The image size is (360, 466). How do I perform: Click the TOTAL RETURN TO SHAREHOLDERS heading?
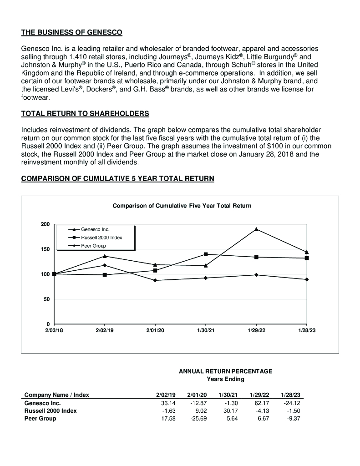click(85, 113)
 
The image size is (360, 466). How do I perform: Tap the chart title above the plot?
click(182, 206)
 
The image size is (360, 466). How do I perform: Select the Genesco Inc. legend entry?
click(95, 229)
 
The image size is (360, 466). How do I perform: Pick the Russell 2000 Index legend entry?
click(101, 238)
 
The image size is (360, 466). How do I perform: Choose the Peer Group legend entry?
click(93, 246)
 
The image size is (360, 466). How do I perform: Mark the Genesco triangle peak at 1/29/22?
click(256, 229)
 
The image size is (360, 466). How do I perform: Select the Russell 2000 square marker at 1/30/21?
click(206, 254)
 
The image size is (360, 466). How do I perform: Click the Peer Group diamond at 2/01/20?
click(155, 280)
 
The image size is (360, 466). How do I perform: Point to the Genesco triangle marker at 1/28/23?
click(307, 252)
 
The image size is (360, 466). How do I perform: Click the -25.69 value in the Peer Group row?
click(198, 419)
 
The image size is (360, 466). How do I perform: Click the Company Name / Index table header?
click(56, 395)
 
